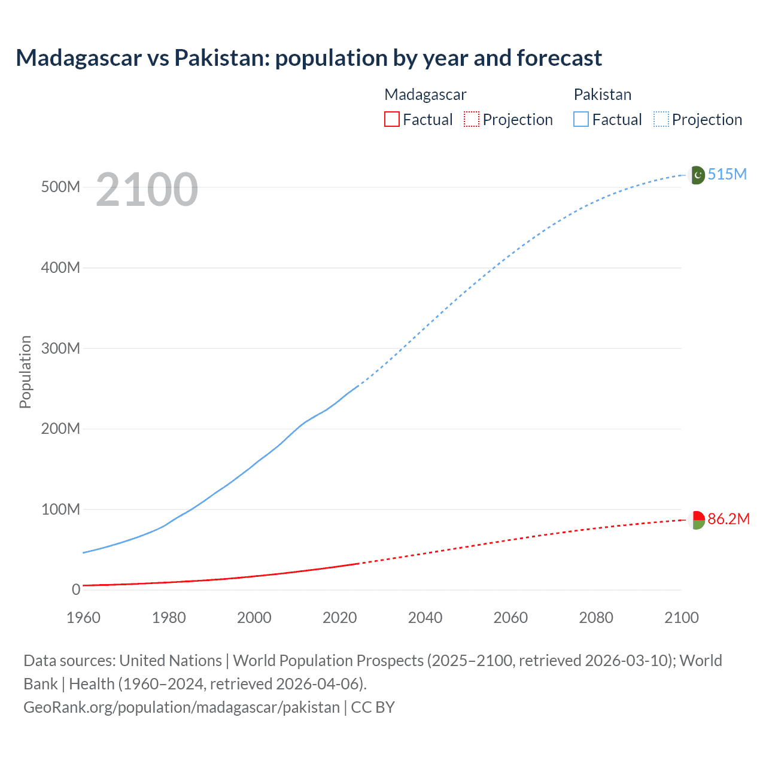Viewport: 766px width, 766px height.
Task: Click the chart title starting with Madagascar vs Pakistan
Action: click(309, 58)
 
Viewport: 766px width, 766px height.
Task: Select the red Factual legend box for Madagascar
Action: click(391, 119)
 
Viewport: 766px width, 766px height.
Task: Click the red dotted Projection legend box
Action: click(472, 119)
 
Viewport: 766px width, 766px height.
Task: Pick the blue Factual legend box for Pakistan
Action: click(580, 119)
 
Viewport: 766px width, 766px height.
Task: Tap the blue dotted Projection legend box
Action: click(661, 119)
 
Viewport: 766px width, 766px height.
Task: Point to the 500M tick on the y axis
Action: click(60, 187)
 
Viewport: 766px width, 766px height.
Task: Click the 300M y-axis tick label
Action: click(60, 348)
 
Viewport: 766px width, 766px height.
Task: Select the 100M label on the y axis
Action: click(60, 509)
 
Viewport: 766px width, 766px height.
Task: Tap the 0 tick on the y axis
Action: click(75, 589)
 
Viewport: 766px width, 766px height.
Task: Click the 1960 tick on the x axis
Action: click(83, 618)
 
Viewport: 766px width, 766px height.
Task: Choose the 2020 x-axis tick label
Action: click(339, 618)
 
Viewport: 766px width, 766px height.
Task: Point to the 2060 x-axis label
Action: click(510, 618)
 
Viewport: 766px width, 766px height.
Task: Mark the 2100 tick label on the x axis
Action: click(681, 618)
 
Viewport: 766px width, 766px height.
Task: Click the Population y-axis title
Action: click(25, 372)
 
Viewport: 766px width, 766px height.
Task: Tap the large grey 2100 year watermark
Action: click(147, 189)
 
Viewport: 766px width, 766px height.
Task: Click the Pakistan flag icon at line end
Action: click(696, 175)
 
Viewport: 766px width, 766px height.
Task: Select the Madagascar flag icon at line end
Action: click(696, 519)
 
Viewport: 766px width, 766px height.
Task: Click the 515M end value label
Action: click(727, 174)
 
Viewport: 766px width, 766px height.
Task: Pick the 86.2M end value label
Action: click(728, 519)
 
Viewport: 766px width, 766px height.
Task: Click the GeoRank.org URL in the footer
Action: click(181, 707)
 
